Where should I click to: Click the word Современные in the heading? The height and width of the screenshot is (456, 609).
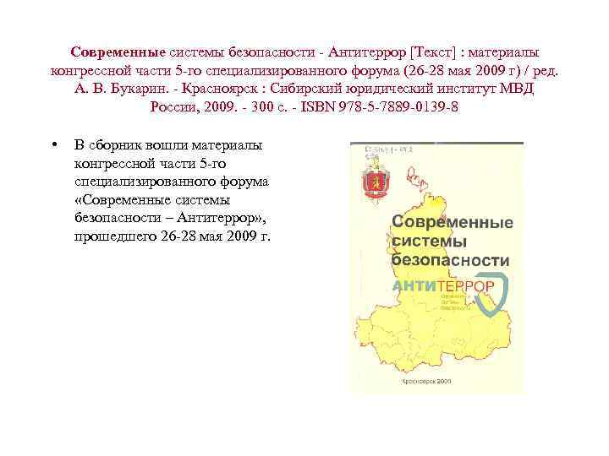coord(118,52)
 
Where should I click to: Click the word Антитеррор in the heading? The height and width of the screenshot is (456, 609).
coord(371,52)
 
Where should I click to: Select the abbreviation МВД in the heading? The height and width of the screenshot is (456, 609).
coord(515,90)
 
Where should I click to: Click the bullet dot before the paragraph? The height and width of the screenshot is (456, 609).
coord(54,144)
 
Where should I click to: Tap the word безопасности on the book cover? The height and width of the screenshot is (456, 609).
coord(450,261)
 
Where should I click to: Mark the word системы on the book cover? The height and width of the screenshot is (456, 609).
coord(425,242)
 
